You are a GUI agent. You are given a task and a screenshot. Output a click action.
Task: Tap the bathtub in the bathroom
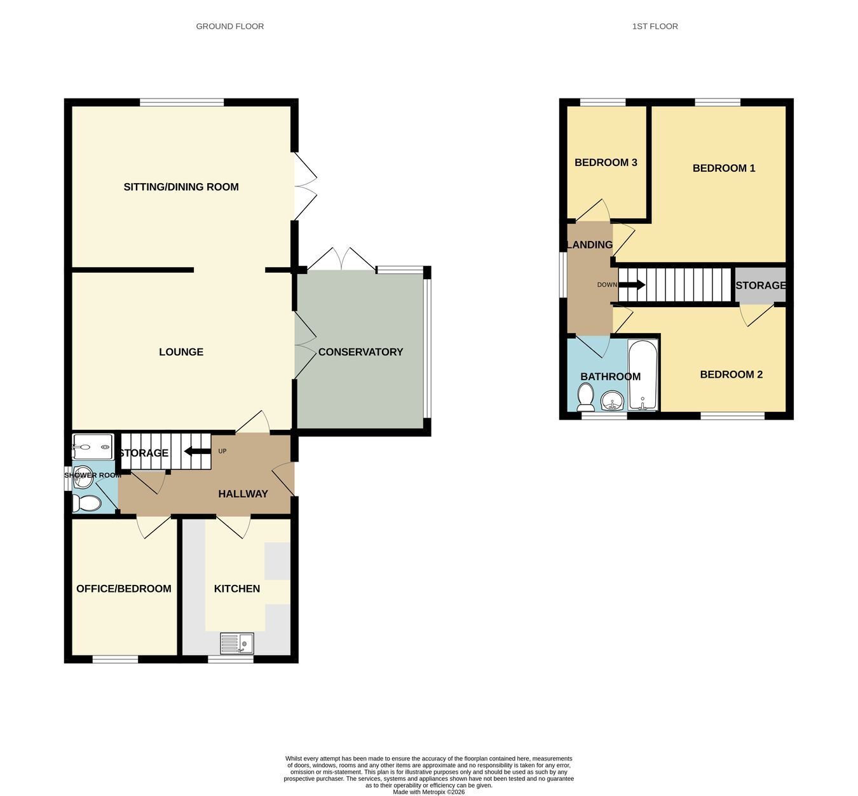pos(643,375)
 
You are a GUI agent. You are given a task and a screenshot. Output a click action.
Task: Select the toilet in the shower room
pos(87,504)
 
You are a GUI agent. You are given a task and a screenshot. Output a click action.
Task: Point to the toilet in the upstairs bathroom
pos(586,397)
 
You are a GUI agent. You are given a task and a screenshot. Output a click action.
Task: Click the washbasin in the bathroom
pos(612,401)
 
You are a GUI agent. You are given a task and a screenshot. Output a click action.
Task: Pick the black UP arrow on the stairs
pos(198,451)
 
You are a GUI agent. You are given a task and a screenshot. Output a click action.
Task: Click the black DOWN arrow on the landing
pos(632,285)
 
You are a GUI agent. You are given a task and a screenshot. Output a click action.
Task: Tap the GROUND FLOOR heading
pos(230,26)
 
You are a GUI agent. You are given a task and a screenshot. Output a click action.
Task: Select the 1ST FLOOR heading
pos(655,26)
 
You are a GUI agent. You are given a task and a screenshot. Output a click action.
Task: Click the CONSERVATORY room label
pos(360,352)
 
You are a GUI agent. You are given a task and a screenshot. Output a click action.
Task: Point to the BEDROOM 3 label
pos(606,163)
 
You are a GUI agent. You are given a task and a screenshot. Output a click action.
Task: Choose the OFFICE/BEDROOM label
pos(123,589)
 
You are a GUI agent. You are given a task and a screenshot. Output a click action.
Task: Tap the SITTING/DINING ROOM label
pos(181,187)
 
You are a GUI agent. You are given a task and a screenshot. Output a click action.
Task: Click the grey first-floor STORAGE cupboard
pos(760,285)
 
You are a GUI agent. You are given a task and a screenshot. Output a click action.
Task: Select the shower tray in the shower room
pos(93,447)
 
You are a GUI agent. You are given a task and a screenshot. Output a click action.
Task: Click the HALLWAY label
pos(243,494)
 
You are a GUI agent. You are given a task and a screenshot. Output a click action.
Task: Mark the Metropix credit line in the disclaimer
pos(428,792)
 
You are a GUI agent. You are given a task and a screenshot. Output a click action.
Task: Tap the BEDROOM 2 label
pos(731,374)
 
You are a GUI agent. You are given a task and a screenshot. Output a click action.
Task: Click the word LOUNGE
pos(181,352)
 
